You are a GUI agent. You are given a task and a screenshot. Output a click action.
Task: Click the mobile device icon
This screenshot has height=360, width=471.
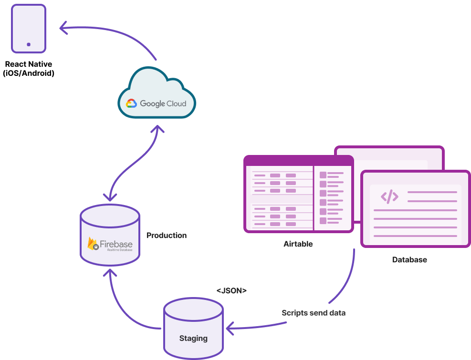[29, 28]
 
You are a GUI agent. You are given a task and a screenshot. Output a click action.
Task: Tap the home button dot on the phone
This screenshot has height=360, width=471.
[29, 44]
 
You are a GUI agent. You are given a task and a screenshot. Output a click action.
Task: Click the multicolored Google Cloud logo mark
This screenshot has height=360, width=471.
[131, 103]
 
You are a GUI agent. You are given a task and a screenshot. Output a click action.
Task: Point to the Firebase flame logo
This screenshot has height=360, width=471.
[93, 244]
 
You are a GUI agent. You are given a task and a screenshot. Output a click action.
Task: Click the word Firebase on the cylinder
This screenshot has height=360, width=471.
[116, 245]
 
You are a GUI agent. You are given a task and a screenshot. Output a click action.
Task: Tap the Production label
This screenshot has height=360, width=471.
[166, 236]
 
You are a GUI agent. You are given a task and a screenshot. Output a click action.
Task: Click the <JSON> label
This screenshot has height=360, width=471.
[231, 290]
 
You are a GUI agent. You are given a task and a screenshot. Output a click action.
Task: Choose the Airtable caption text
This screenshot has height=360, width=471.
[298, 244]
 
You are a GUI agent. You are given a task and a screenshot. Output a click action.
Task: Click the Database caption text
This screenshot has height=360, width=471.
[409, 260]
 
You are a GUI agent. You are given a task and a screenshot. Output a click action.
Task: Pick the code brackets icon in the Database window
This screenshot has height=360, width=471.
[389, 196]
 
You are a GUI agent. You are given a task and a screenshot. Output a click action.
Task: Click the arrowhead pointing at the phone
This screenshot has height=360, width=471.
[63, 28]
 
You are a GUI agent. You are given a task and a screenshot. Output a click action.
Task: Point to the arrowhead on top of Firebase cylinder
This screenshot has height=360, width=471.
[110, 196]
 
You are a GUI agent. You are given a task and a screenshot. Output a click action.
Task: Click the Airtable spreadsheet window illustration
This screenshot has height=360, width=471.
[298, 194]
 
